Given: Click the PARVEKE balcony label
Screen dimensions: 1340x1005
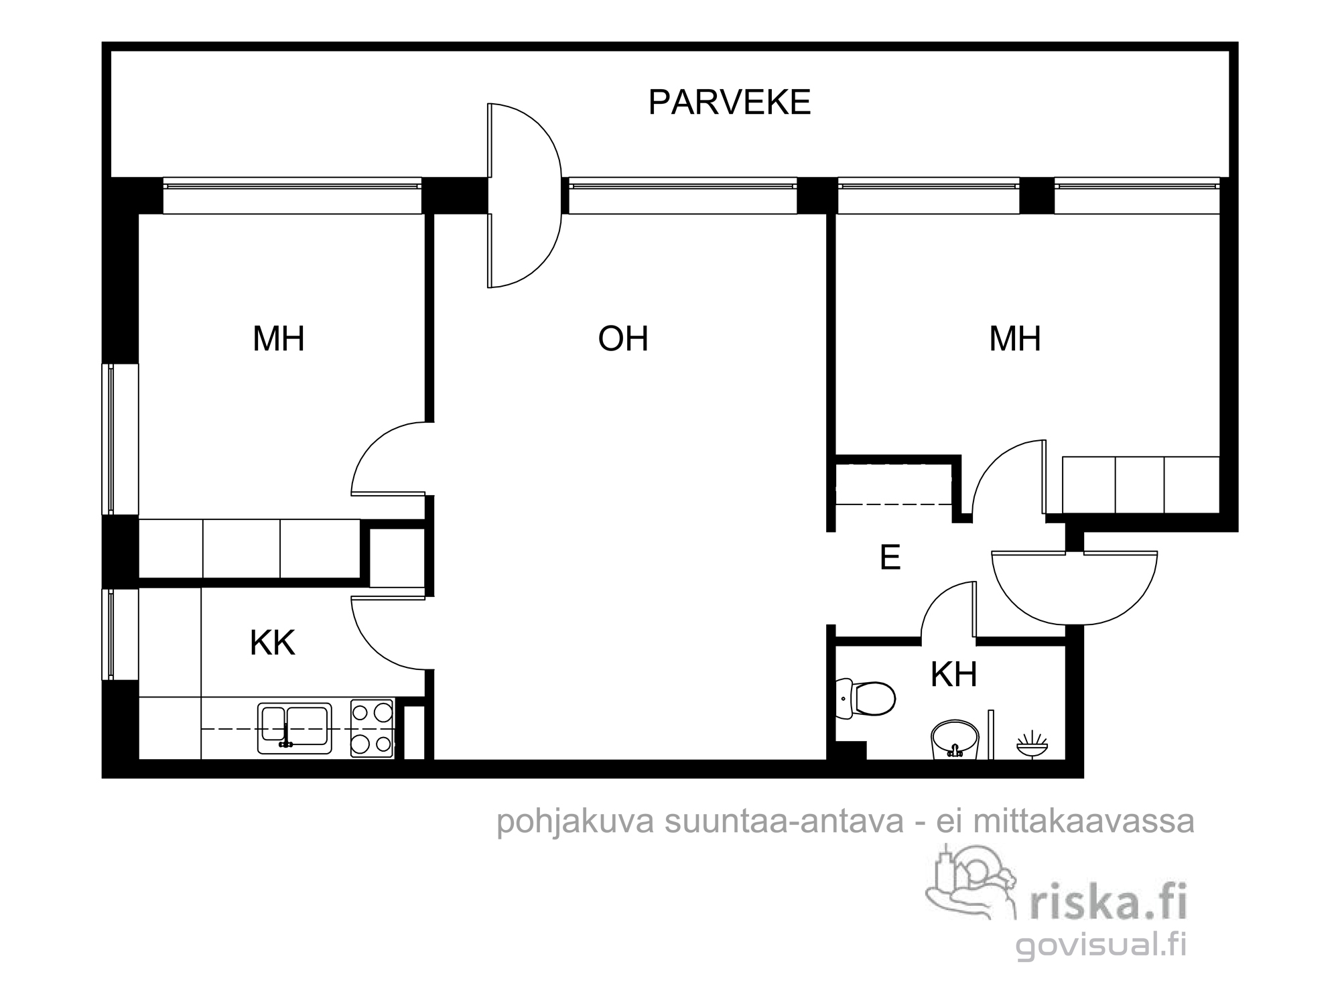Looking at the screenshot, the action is (730, 103).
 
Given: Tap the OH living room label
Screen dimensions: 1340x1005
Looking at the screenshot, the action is (623, 338).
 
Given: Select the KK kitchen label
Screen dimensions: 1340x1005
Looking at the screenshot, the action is (272, 643).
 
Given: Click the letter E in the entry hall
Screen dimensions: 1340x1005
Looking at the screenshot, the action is (890, 557).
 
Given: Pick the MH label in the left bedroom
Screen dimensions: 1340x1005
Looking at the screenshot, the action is (279, 338).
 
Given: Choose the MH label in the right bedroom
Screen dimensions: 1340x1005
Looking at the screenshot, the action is (1015, 338).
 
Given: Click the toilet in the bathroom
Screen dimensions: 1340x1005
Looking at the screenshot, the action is (866, 699).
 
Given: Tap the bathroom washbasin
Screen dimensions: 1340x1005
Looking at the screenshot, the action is (955, 740).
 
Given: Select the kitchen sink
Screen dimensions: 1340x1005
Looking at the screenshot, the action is (295, 728).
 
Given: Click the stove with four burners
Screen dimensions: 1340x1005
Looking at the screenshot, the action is (373, 728).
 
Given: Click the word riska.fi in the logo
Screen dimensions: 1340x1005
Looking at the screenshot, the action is (1108, 902).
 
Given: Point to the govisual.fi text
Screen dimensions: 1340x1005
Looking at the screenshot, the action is (1101, 945).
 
